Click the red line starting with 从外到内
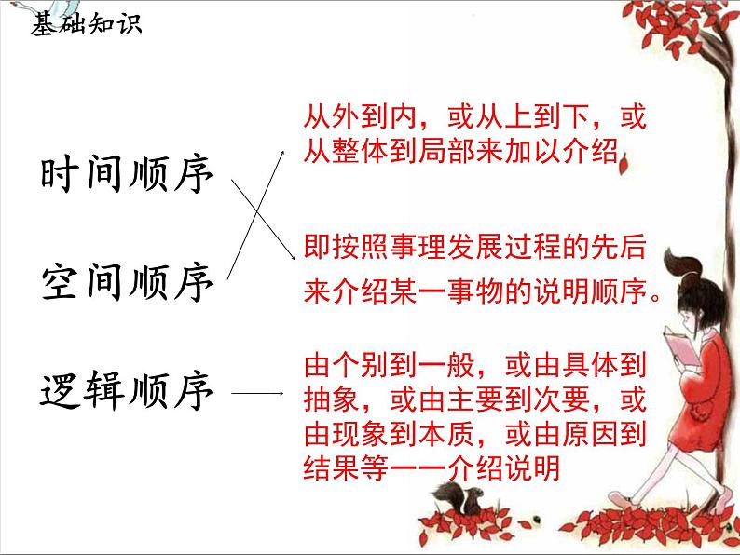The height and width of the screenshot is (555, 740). tap(474, 119)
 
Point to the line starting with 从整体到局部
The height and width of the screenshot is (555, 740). tap(462, 151)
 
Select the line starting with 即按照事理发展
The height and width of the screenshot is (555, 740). tap(474, 247)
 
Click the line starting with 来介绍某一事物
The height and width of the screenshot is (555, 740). tap(481, 292)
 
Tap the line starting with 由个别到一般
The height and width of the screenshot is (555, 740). tap(475, 363)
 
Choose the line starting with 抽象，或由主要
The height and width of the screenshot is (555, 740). tap(475, 399)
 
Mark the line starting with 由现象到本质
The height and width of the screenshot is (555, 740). tap(475, 433)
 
